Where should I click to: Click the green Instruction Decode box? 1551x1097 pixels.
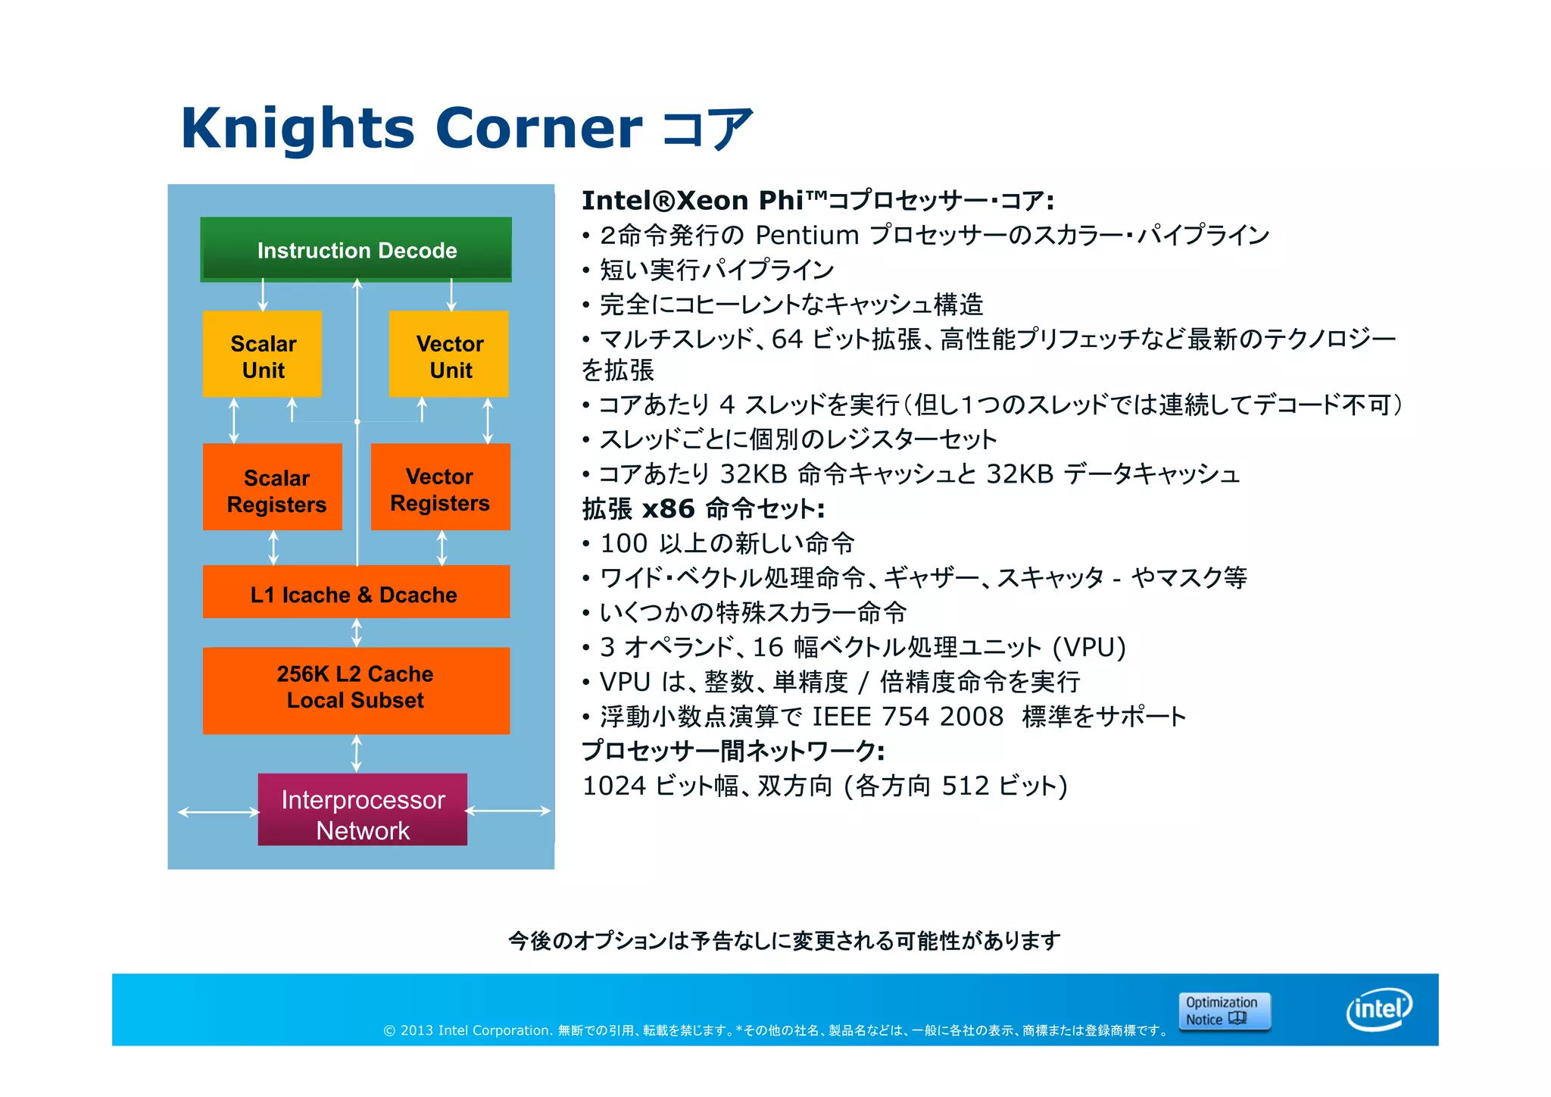coord(356,250)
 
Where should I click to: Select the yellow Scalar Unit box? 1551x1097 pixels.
coord(263,355)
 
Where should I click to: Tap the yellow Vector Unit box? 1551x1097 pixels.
coord(449,355)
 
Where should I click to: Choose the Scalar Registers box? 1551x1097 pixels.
coord(273,488)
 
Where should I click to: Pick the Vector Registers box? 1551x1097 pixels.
coord(441,488)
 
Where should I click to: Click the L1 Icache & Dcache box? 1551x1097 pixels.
coord(356,593)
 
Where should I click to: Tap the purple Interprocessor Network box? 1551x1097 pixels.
coord(363,811)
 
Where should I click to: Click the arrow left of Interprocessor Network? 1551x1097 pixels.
coord(218,812)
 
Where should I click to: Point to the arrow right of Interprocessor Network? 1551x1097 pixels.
coord(508,811)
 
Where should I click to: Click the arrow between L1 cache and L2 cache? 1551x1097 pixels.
coord(357,633)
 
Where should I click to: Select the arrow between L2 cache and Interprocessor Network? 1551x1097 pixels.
coord(357,754)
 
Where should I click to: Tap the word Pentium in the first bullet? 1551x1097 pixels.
coord(807,236)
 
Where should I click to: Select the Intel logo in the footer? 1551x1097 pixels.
coord(1379,1009)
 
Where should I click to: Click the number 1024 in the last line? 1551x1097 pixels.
coord(614,786)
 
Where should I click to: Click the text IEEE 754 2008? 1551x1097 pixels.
coord(907,717)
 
